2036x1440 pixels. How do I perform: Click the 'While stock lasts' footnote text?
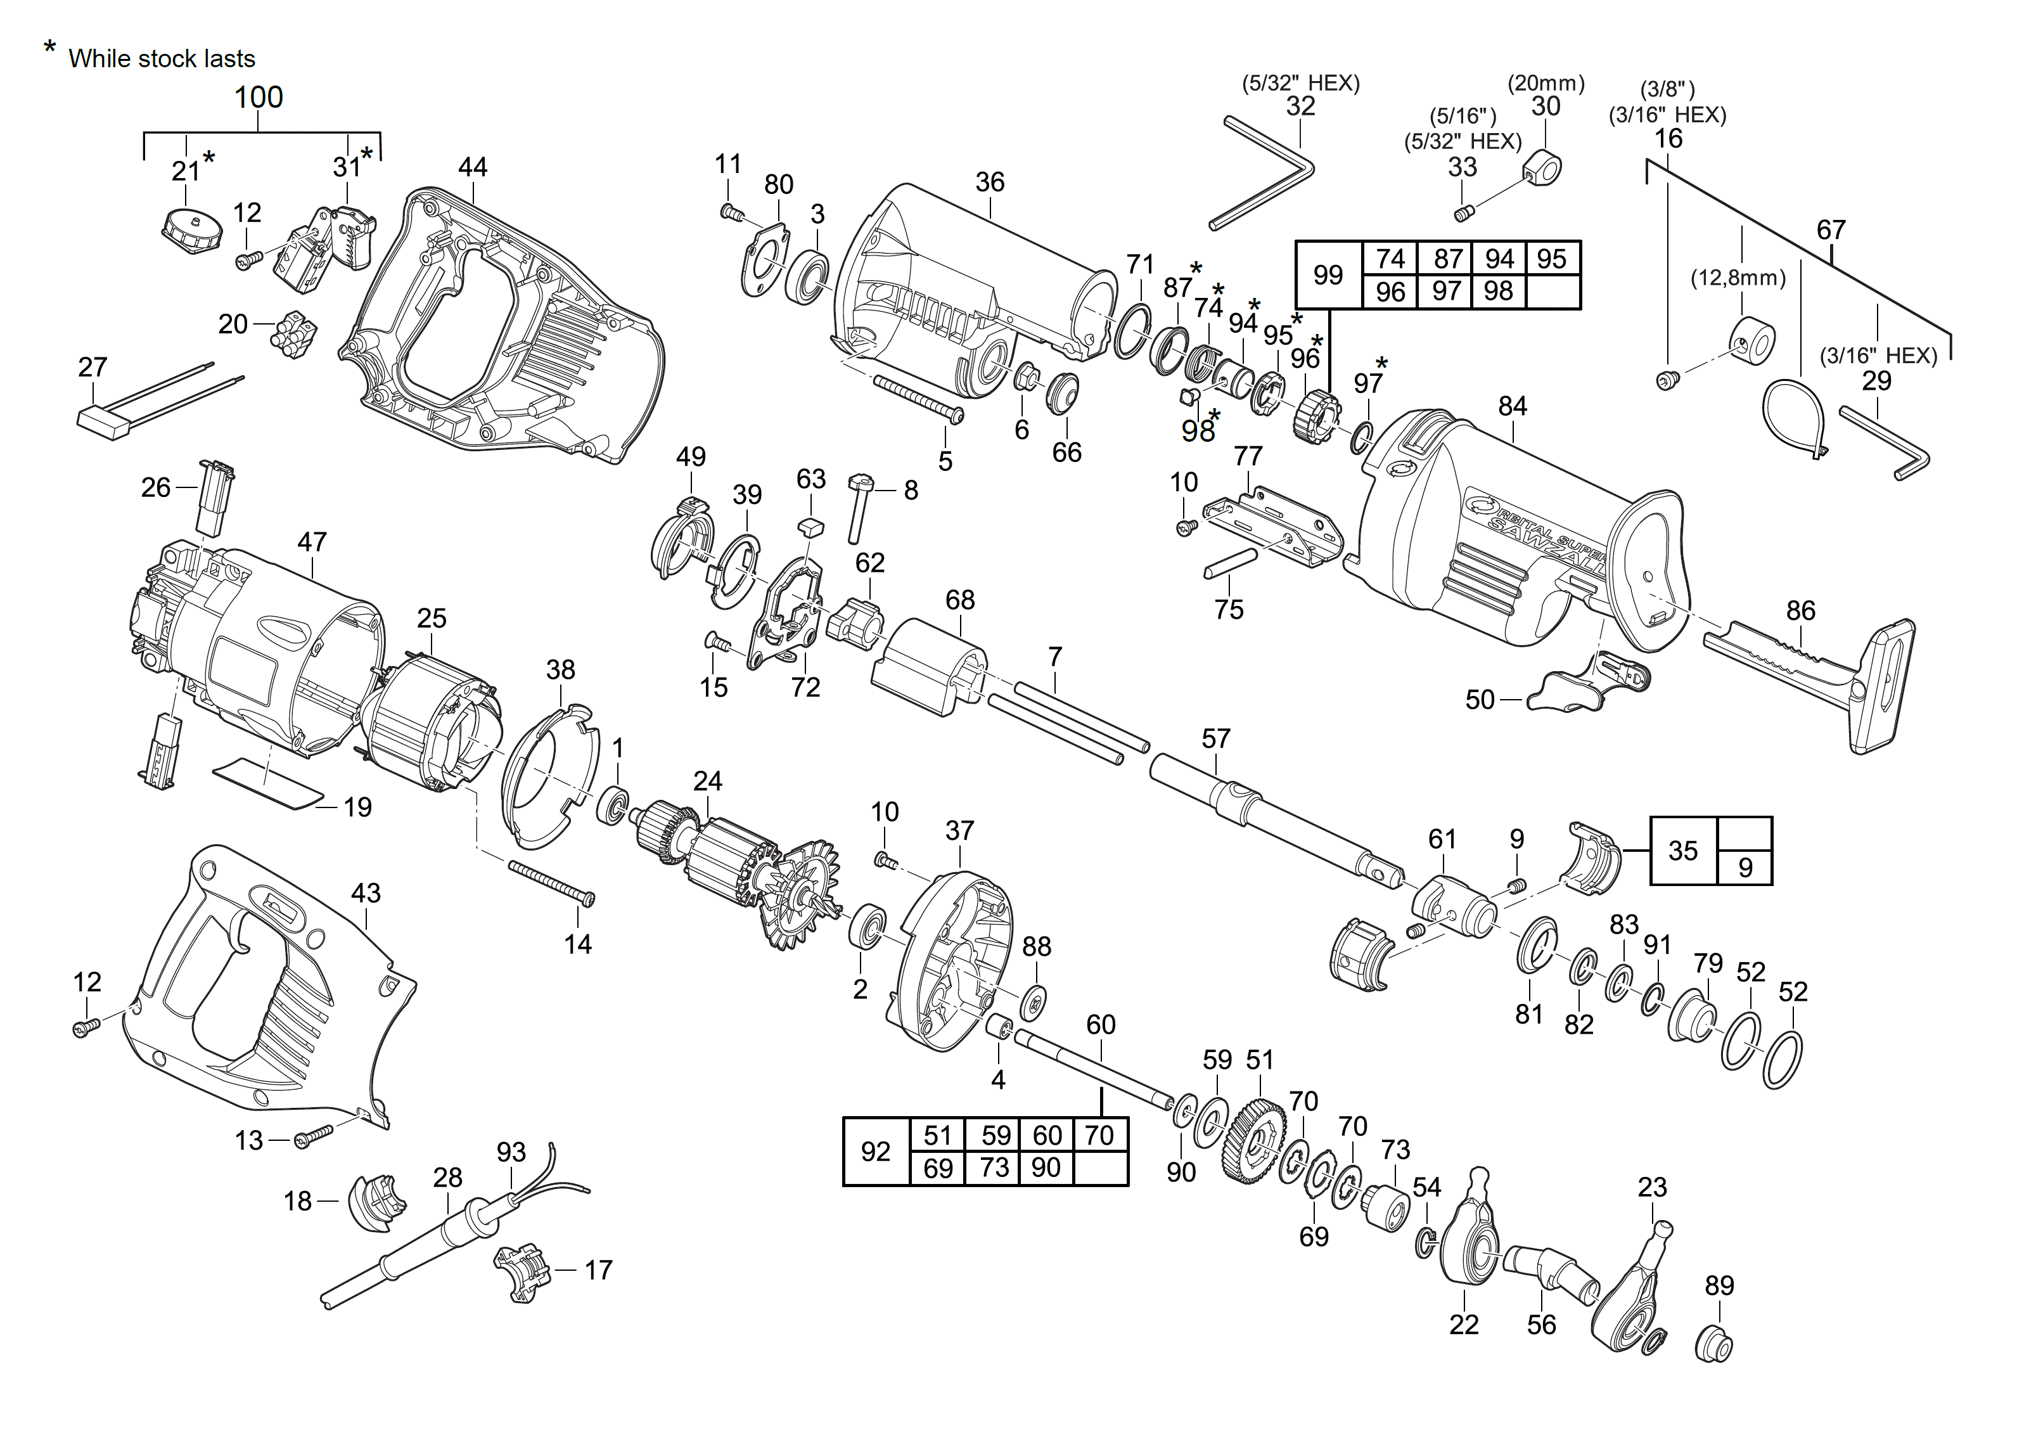[162, 58]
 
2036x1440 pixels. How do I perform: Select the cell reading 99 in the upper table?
[1328, 275]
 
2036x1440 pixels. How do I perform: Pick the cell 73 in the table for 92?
[994, 1168]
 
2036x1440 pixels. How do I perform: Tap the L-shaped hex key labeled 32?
[1264, 174]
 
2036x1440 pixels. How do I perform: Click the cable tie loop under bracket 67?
[1793, 418]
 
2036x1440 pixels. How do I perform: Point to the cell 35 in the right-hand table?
[1682, 851]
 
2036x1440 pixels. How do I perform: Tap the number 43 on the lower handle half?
[366, 893]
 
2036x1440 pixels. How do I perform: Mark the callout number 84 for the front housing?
[1512, 406]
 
